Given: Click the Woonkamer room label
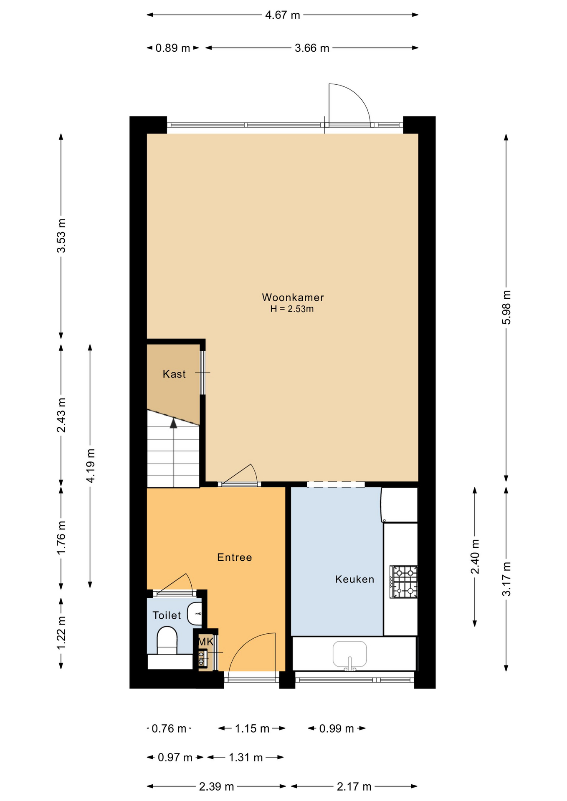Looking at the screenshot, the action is (293, 297).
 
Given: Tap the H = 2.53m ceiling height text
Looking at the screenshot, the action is (292, 309).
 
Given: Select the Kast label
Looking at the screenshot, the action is (174, 374).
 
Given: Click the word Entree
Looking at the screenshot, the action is (235, 557).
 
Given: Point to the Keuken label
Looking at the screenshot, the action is (354, 579).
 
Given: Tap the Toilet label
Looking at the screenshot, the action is (167, 615).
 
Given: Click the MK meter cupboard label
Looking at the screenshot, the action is (206, 642).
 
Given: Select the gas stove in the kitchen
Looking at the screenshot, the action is (403, 582).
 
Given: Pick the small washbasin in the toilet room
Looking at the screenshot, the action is (195, 614).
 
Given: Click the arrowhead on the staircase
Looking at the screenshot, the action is (173, 423).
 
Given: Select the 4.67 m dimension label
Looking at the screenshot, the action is (283, 15).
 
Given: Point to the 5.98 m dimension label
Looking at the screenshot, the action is (506, 307).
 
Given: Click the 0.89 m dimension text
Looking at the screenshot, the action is (173, 48).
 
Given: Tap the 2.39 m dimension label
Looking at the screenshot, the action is (216, 787).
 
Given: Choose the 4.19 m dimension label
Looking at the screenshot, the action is (91, 466).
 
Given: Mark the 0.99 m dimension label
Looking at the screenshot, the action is (337, 729).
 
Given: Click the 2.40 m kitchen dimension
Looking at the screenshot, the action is (475, 557).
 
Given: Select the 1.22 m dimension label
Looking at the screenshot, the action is (61, 632).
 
